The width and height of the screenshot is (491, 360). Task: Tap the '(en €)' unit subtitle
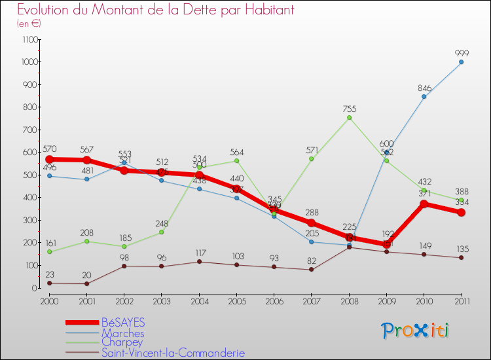click(x=29, y=24)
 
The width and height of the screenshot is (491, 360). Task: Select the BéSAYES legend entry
click(x=122, y=323)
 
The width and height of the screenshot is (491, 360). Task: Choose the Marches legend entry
click(x=122, y=333)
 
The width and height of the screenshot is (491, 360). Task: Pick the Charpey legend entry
click(x=122, y=342)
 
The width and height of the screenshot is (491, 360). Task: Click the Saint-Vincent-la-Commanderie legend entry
click(x=173, y=353)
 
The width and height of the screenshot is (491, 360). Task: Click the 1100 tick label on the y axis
click(x=29, y=39)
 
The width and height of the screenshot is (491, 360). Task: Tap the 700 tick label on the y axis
click(x=31, y=130)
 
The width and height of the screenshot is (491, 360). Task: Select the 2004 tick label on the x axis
click(x=199, y=300)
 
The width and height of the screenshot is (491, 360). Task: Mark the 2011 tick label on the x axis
click(x=461, y=300)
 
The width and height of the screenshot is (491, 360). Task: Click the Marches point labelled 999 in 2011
click(x=461, y=62)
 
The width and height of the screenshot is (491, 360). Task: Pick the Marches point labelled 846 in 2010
click(x=424, y=97)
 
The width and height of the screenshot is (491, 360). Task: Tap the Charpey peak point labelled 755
click(x=349, y=118)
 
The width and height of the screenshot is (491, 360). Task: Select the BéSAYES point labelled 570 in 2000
click(x=49, y=159)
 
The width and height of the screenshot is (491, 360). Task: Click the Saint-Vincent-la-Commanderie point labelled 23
click(x=49, y=283)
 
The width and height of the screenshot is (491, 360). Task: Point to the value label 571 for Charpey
click(x=312, y=150)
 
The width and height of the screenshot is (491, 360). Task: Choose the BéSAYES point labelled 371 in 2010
click(x=424, y=204)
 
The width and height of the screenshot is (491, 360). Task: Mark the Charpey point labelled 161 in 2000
click(x=49, y=251)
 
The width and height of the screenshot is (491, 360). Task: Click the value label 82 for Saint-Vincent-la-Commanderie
click(x=312, y=261)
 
